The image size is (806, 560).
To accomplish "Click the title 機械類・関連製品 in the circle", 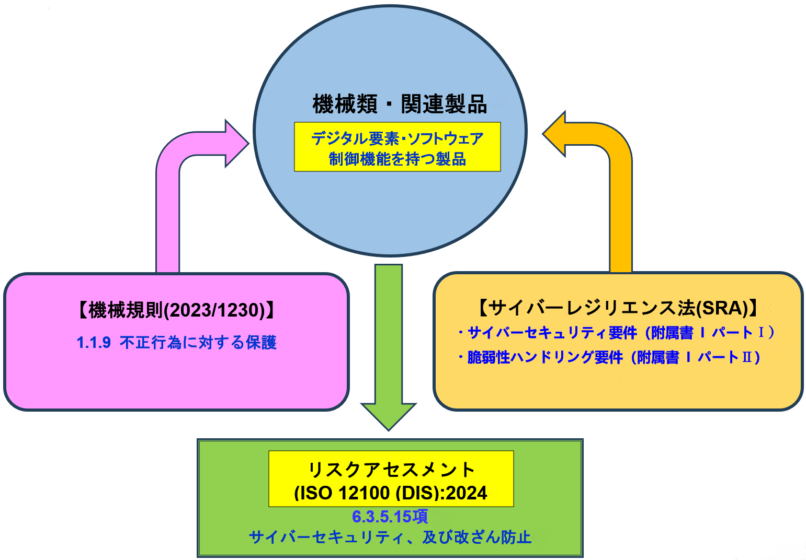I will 400,103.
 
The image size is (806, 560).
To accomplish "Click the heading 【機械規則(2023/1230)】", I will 176,310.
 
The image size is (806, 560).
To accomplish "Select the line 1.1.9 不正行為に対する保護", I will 176,343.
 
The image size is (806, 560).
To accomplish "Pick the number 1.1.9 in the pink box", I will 94,343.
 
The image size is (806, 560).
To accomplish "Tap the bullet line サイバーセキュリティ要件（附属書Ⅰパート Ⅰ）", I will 617,332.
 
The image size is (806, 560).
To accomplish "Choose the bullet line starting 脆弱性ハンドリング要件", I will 610,357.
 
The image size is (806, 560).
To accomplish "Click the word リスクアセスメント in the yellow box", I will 391,469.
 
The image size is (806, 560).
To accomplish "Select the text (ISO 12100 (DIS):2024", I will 391,493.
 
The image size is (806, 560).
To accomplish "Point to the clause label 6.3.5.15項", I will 390,517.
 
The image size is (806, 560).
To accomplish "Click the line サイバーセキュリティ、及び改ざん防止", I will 390,537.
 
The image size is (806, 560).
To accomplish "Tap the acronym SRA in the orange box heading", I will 722,308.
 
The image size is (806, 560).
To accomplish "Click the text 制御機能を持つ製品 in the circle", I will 398,159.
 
